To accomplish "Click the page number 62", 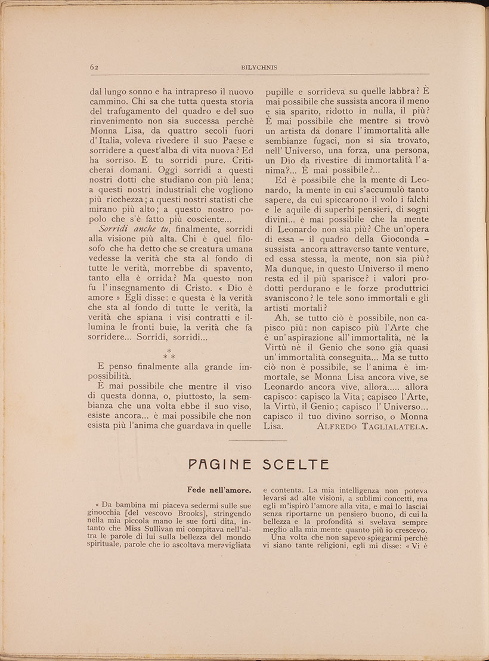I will (x=94, y=67).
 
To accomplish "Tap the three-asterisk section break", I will (x=169, y=354).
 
